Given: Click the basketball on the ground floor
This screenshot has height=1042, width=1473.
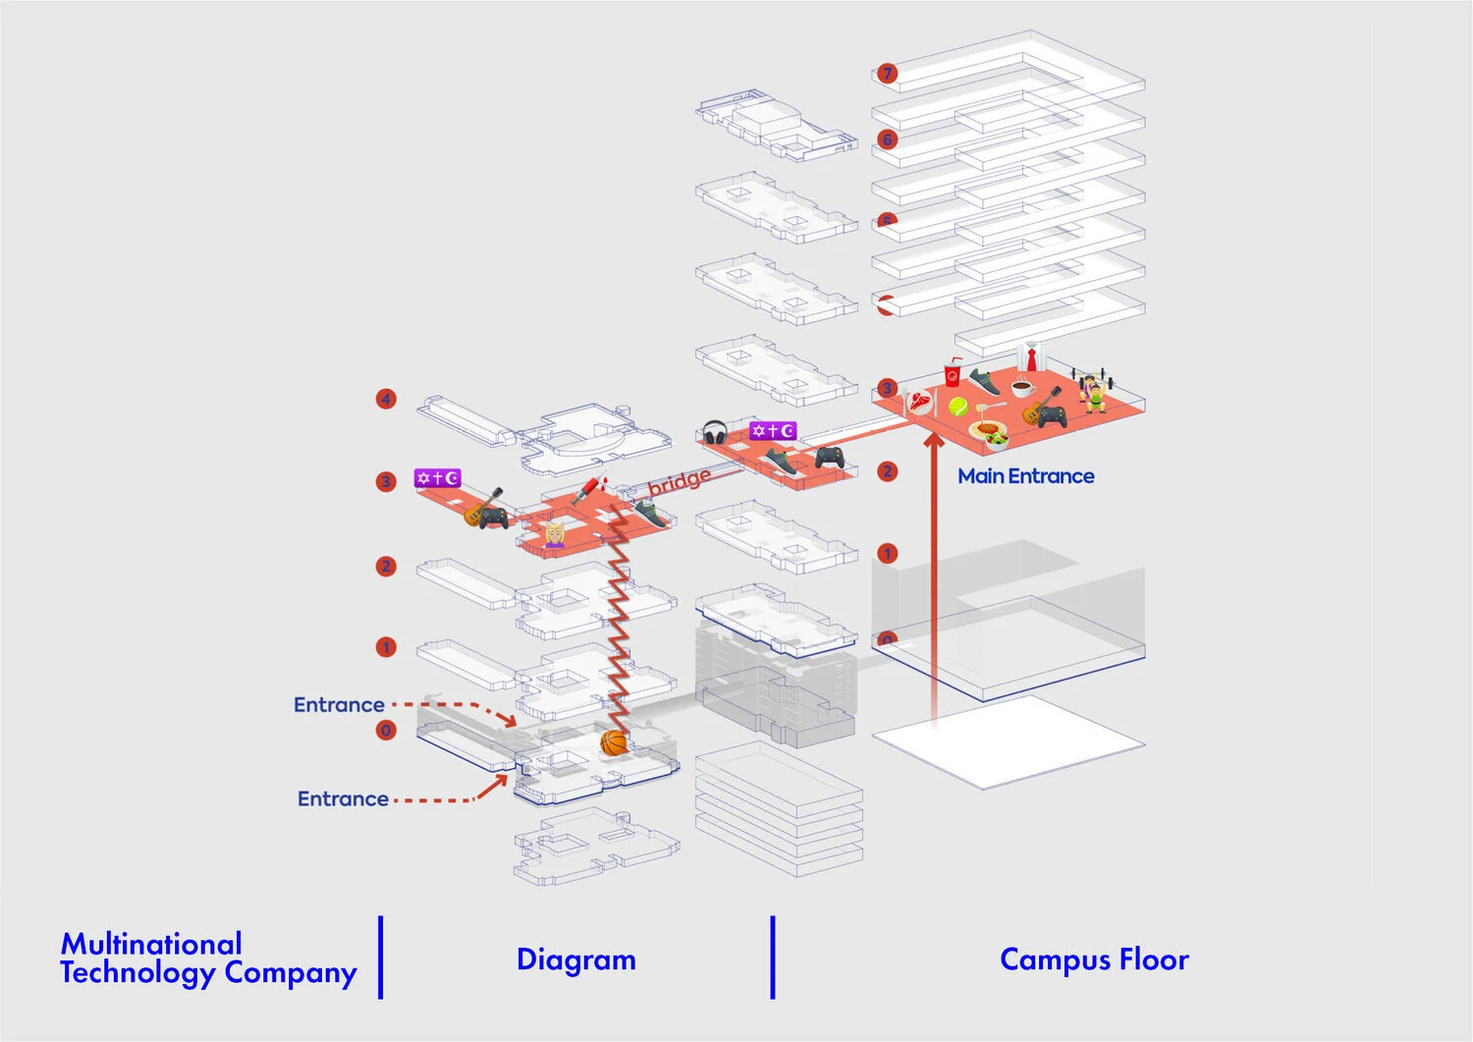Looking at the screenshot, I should click(x=614, y=742).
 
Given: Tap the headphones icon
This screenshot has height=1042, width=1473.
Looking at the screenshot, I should click(x=715, y=433).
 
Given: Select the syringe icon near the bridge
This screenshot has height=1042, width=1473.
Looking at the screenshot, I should click(x=588, y=489).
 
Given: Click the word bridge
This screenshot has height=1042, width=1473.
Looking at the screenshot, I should click(x=680, y=481).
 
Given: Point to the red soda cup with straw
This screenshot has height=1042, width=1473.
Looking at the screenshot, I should click(x=953, y=373).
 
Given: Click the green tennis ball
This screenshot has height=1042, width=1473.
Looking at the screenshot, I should click(x=958, y=406).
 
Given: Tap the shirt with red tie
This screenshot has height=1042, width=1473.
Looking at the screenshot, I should click(x=1030, y=356).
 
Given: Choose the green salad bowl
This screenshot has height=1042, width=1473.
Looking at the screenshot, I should click(x=996, y=439).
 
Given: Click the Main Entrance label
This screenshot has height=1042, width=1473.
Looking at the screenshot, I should click(x=1025, y=476).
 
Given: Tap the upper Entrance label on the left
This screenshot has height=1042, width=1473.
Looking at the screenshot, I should click(x=339, y=705).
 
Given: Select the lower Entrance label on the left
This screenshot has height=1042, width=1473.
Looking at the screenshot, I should click(x=343, y=799).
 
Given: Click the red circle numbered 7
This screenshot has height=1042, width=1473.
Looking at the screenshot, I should click(x=887, y=74).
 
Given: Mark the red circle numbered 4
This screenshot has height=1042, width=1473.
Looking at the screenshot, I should click(x=386, y=399).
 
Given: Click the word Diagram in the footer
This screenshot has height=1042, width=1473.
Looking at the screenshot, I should click(x=576, y=960).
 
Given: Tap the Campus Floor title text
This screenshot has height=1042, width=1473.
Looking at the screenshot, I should click(x=1094, y=960).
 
